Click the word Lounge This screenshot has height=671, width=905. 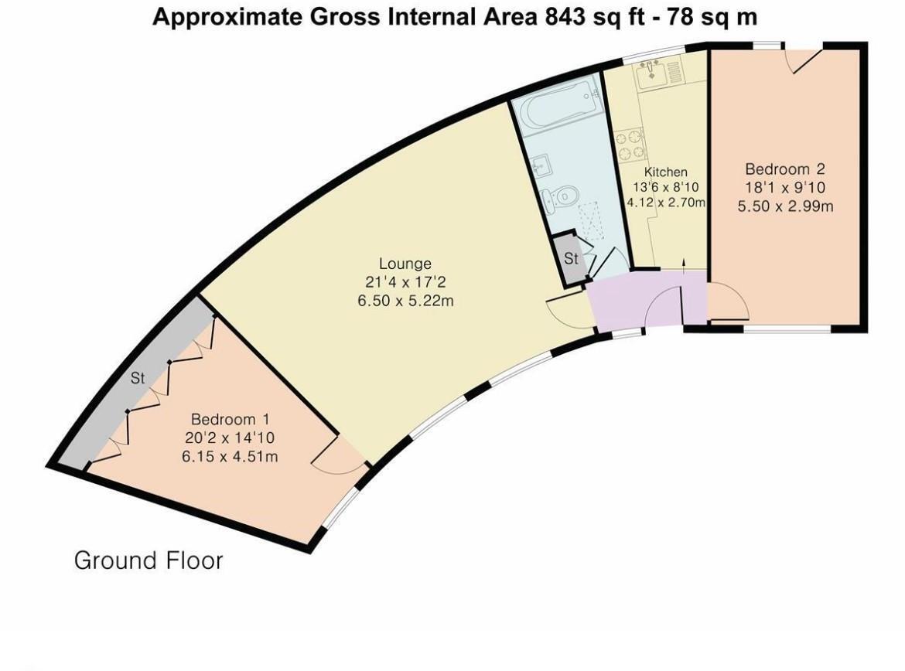(x=405, y=264)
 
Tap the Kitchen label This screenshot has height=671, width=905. (x=665, y=172)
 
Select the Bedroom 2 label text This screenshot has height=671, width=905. (x=784, y=169)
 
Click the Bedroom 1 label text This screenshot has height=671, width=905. (x=230, y=420)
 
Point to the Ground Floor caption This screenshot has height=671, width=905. (x=149, y=560)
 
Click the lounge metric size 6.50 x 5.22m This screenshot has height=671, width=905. (x=405, y=300)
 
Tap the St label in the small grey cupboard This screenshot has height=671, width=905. (x=571, y=259)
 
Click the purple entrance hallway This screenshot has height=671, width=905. (x=619, y=304)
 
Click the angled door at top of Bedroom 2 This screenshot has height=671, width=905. (x=804, y=59)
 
